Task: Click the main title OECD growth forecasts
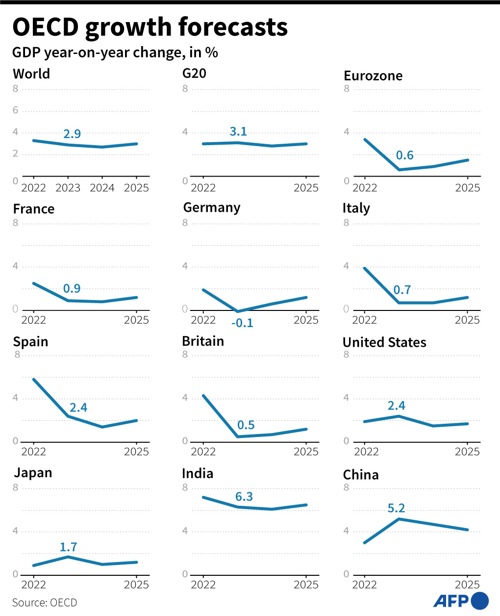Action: click(150, 27)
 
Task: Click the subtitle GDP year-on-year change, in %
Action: click(115, 52)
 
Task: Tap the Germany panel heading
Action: click(211, 207)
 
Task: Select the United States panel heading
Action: click(384, 342)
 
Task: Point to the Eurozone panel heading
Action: click(373, 76)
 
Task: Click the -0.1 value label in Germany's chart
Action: click(242, 323)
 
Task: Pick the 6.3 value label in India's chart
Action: click(244, 497)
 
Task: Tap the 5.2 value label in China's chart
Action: click(396, 508)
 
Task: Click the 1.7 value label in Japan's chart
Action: click(69, 547)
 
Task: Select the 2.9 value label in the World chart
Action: click(72, 134)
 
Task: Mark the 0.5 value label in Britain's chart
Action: click(246, 425)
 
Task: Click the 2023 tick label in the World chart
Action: click(68, 188)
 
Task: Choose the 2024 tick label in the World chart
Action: click(102, 188)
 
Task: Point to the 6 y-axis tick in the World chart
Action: click(16, 110)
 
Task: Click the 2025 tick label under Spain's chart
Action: click(136, 452)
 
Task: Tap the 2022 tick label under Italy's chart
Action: click(365, 320)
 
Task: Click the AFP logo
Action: click(461, 600)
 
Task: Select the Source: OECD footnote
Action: click(45, 603)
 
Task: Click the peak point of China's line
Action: click(399, 519)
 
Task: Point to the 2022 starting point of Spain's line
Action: click(33, 379)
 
